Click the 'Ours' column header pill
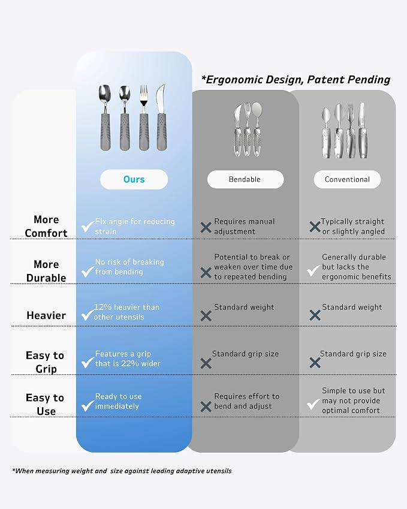pyautogui.click(x=134, y=179)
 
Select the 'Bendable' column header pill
pyautogui.click(x=245, y=179)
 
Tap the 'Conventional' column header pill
pyautogui.click(x=347, y=179)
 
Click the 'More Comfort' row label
pyautogui.click(x=46, y=226)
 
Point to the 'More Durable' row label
pyautogui.click(x=46, y=271)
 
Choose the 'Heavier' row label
pyautogui.click(x=46, y=315)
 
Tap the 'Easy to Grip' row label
pyautogui.click(x=45, y=362)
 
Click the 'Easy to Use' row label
pyautogui.click(x=45, y=405)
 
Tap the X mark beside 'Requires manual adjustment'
pyautogui.click(x=206, y=227)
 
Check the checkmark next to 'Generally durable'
pyautogui.click(x=313, y=270)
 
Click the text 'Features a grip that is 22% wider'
pyautogui.click(x=128, y=359)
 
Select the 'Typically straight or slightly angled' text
pyautogui.click(x=353, y=226)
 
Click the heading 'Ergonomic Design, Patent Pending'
pyautogui.click(x=296, y=80)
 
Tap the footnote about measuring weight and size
pyautogui.click(x=122, y=471)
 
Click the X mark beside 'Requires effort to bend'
pyautogui.click(x=206, y=406)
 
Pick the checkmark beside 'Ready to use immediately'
pyautogui.click(x=88, y=405)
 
